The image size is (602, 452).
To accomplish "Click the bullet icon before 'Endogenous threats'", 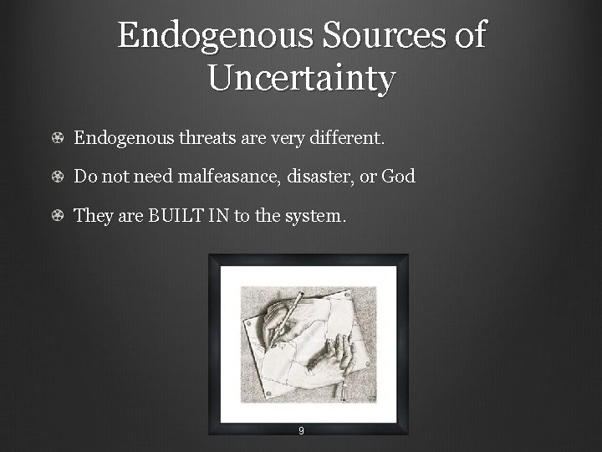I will coord(56,139).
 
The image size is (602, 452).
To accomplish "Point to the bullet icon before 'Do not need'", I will coord(56,177).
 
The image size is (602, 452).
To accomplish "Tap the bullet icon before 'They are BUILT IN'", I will coord(56,216).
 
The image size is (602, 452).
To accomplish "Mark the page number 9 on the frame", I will coord(301,432).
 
